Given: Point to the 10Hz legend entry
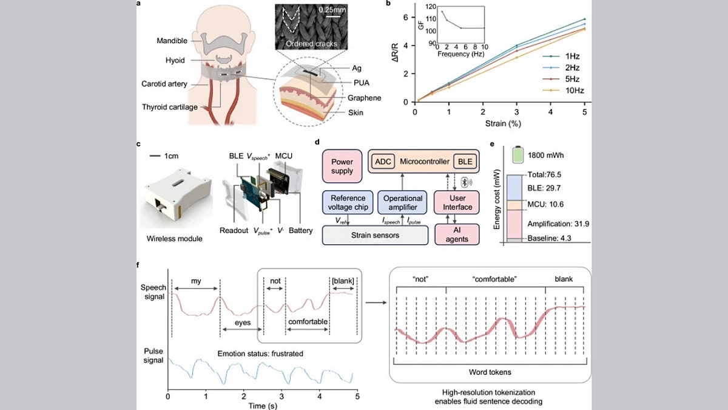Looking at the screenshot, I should pyautogui.click(x=564, y=91).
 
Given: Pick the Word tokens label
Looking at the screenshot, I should pyautogui.click(x=490, y=371).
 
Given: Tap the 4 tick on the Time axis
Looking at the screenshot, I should pyautogui.click(x=319, y=397).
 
